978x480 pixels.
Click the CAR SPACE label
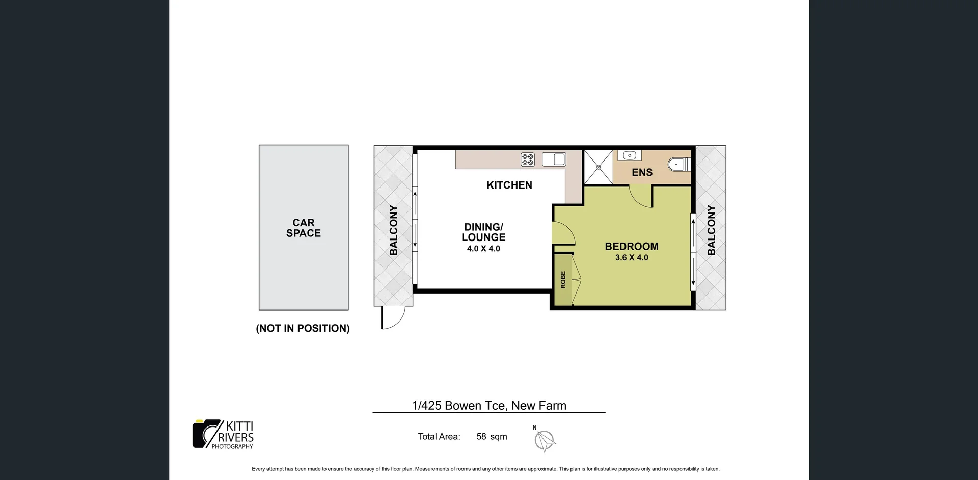(303, 228)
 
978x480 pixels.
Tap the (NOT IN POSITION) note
(303, 328)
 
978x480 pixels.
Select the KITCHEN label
(509, 185)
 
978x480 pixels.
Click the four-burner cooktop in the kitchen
(528, 159)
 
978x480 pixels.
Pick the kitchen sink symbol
(554, 159)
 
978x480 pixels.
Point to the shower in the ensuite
(599, 167)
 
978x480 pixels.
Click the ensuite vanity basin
(630, 155)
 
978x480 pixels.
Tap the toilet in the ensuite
(680, 164)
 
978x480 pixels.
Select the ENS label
(642, 172)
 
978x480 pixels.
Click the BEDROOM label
(631, 246)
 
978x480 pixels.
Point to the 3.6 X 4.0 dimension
(631, 258)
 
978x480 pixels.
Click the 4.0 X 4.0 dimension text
(483, 249)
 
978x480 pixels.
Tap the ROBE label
(563, 280)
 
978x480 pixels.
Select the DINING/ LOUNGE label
(483, 232)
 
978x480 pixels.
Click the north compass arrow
(545, 440)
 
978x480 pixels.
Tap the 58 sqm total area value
(491, 436)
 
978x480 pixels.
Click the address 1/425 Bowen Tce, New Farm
(488, 406)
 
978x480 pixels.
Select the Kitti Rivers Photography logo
(223, 434)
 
